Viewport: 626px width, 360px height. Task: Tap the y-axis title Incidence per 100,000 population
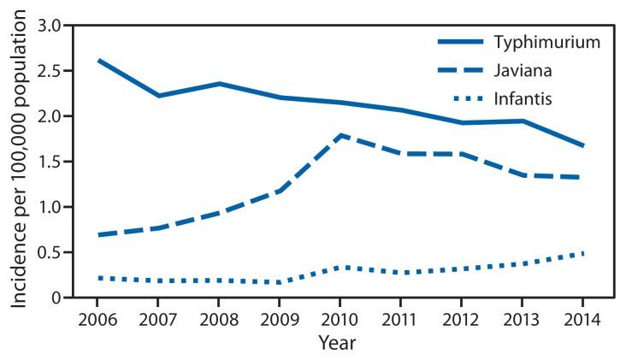click(19, 162)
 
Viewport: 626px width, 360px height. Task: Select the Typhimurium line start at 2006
click(98, 61)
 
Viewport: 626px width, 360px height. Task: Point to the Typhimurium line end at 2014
click(583, 145)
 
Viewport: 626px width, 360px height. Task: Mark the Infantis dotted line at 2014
click(583, 253)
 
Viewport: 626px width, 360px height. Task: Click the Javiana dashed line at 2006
click(98, 234)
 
